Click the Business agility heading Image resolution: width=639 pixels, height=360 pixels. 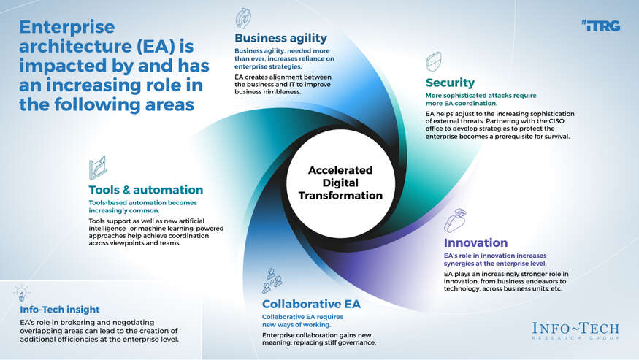coord(280,38)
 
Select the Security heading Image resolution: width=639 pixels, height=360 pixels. coord(450,83)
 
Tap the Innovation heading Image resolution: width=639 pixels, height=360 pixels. coord(475,243)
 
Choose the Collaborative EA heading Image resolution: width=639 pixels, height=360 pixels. coord(310,304)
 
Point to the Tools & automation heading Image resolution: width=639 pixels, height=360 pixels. coord(145,190)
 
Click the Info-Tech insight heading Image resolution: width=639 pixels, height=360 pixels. coord(60,310)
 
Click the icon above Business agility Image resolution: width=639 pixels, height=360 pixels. coord(244,18)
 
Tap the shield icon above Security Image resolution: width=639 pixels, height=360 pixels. coord(434,61)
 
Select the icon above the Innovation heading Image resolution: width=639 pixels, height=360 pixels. coord(455,219)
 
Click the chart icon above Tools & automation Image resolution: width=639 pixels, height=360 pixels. coord(97,167)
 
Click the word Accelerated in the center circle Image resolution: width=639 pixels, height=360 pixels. coord(340,170)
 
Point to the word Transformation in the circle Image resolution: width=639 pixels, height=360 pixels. coord(340,196)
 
